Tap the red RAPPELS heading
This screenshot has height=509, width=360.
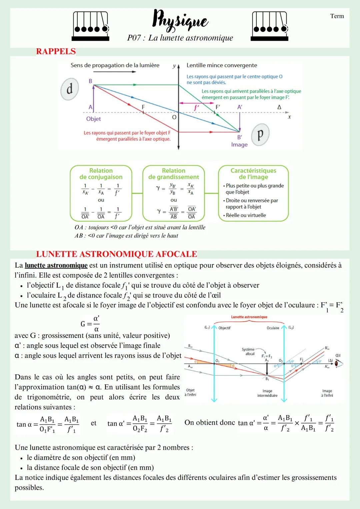(x=56, y=51)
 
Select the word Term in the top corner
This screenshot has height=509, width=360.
(x=337, y=16)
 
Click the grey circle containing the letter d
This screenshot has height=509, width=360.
(x=70, y=89)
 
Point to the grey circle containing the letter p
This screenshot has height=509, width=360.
(x=260, y=134)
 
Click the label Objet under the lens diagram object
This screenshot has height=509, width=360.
(x=93, y=119)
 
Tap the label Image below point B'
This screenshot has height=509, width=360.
(x=239, y=145)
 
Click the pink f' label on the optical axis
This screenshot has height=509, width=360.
(x=197, y=108)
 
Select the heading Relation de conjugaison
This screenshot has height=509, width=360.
(x=101, y=174)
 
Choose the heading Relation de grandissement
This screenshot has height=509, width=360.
(x=173, y=174)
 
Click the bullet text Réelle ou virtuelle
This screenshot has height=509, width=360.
(x=246, y=215)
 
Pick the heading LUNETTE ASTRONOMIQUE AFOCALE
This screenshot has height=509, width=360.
(x=116, y=254)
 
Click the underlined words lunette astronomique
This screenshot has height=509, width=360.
(x=56, y=265)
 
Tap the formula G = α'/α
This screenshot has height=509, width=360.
(x=90, y=323)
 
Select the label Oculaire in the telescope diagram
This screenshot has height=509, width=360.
(x=273, y=328)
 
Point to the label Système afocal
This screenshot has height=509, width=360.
(x=249, y=352)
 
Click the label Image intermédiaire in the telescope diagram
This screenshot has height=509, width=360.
(x=267, y=393)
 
